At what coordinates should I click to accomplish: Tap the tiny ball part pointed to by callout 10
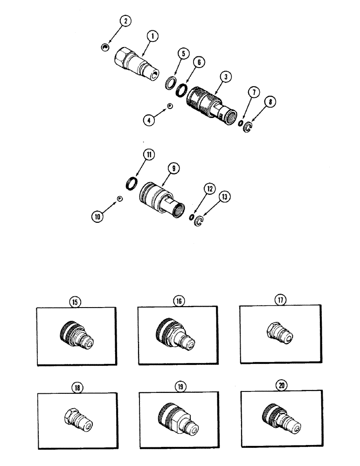coord(119,199)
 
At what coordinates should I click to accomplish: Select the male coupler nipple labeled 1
coord(136,63)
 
